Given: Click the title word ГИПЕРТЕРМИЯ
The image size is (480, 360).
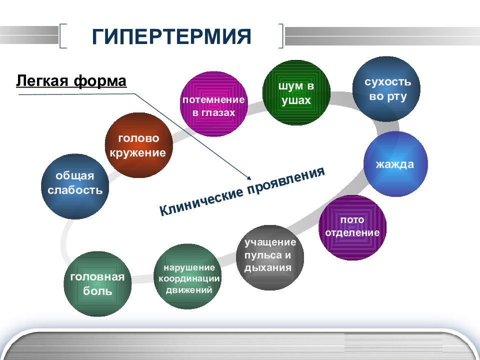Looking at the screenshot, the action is tap(171, 36).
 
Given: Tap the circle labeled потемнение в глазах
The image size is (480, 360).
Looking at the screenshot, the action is tap(213, 104).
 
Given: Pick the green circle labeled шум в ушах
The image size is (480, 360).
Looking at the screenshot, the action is tap(296, 93).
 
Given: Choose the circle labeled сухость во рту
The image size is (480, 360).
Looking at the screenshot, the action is tap(386, 89).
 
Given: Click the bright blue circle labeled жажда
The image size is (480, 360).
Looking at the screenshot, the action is tap(395, 164).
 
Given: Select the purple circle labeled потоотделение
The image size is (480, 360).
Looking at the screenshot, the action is tap(352, 227).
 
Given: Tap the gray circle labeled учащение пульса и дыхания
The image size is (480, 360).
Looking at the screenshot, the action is tap(270, 257).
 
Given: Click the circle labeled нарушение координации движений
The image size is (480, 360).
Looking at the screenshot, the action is tap(187, 276).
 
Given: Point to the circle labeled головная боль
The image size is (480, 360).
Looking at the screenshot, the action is tap(97, 284).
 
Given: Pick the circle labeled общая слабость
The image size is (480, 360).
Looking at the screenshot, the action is tap(75, 186).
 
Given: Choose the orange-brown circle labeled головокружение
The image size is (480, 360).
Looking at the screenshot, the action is tap(138, 145).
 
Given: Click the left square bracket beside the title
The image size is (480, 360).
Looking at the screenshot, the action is tap(63, 36).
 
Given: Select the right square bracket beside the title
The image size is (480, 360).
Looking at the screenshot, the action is tap(280, 36).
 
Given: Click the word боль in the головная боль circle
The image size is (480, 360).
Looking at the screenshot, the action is tap(97, 290).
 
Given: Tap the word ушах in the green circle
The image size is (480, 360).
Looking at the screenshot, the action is tap(296, 100).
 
